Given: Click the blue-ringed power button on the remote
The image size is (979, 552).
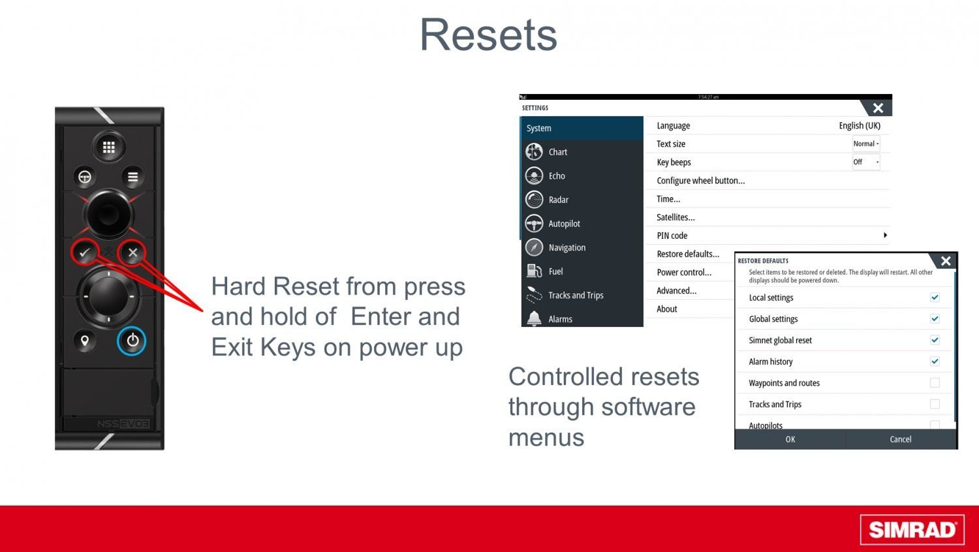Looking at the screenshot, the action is [x=132, y=341].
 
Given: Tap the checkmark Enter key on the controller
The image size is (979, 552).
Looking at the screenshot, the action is [x=84, y=252].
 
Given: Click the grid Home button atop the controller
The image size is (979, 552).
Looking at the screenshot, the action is [x=109, y=147].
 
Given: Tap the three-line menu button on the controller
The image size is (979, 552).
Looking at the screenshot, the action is [x=133, y=177].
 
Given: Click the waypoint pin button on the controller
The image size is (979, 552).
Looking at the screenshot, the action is [x=84, y=341].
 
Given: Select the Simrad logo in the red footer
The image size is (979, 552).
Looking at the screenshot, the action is [x=912, y=529].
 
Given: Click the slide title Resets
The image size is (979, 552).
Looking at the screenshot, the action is [x=488, y=35].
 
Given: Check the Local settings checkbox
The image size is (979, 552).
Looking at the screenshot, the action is [x=935, y=297].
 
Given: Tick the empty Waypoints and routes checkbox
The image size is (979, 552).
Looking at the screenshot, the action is [x=935, y=383].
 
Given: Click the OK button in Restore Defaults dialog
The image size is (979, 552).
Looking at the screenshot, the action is [x=790, y=439].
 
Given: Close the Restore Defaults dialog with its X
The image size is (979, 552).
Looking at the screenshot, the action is [x=946, y=261].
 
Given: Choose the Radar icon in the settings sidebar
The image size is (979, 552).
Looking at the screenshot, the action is [x=534, y=200].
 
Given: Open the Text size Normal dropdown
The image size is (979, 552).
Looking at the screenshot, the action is [x=866, y=144].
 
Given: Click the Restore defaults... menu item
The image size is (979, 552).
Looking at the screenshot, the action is [x=688, y=254].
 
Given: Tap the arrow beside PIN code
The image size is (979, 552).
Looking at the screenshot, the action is [x=885, y=235].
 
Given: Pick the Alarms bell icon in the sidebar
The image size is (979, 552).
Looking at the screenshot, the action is [x=534, y=318].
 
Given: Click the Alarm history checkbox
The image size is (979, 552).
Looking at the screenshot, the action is [x=935, y=361].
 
